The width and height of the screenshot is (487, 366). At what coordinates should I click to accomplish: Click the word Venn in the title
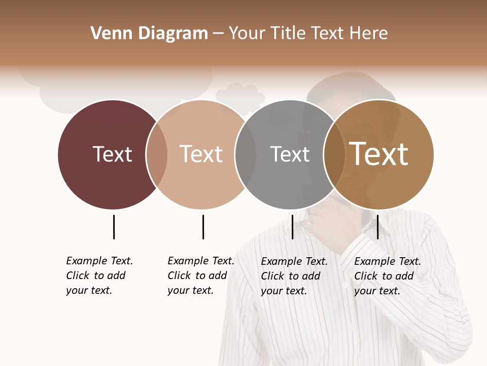pyautogui.click(x=105, y=34)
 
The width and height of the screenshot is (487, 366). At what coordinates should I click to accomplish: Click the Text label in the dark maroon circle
pyautogui.click(x=112, y=154)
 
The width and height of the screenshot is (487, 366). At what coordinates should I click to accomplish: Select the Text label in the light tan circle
pyautogui.click(x=201, y=154)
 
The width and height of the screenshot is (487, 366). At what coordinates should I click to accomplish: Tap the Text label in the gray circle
pyautogui.click(x=290, y=154)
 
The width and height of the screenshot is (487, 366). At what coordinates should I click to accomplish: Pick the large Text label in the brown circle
pyautogui.click(x=379, y=154)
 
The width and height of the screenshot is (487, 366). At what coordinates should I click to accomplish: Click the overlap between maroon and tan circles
pyautogui.click(x=157, y=154)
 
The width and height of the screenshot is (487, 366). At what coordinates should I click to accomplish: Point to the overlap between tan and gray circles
pyautogui.click(x=246, y=154)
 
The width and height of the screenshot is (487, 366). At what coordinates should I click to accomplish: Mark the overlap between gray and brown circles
pyautogui.click(x=334, y=154)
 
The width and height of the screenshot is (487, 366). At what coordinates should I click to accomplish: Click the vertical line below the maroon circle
pyautogui.click(x=114, y=227)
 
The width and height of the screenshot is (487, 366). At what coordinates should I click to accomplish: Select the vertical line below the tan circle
pyautogui.click(x=203, y=227)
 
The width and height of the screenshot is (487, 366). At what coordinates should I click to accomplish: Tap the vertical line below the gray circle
pyautogui.click(x=292, y=227)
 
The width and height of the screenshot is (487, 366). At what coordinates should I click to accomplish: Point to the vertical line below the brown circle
pyautogui.click(x=377, y=227)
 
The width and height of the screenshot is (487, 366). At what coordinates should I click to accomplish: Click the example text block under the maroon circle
pyautogui.click(x=99, y=276)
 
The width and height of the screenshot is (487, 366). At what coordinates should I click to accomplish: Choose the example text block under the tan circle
pyautogui.click(x=200, y=276)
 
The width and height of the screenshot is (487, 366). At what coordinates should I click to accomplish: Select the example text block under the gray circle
pyautogui.click(x=294, y=276)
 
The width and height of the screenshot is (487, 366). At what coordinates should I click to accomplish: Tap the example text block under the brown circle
pyautogui.click(x=387, y=276)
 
